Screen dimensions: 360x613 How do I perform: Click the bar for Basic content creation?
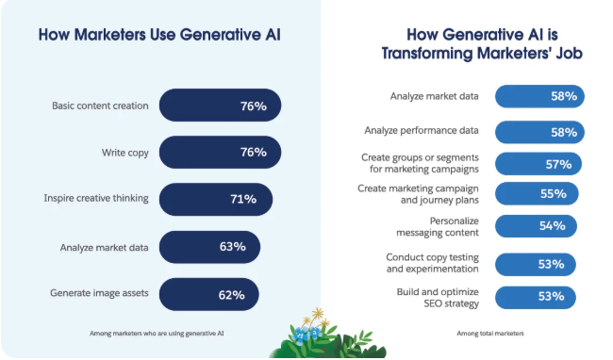221,106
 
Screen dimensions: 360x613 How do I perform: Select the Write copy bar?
221,152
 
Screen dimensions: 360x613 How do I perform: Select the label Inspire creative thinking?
95,199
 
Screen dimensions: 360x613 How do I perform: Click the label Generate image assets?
99,293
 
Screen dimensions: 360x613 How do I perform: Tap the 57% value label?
558,164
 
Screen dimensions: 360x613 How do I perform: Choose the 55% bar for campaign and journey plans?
535,194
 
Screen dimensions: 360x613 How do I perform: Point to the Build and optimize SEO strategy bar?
533,296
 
